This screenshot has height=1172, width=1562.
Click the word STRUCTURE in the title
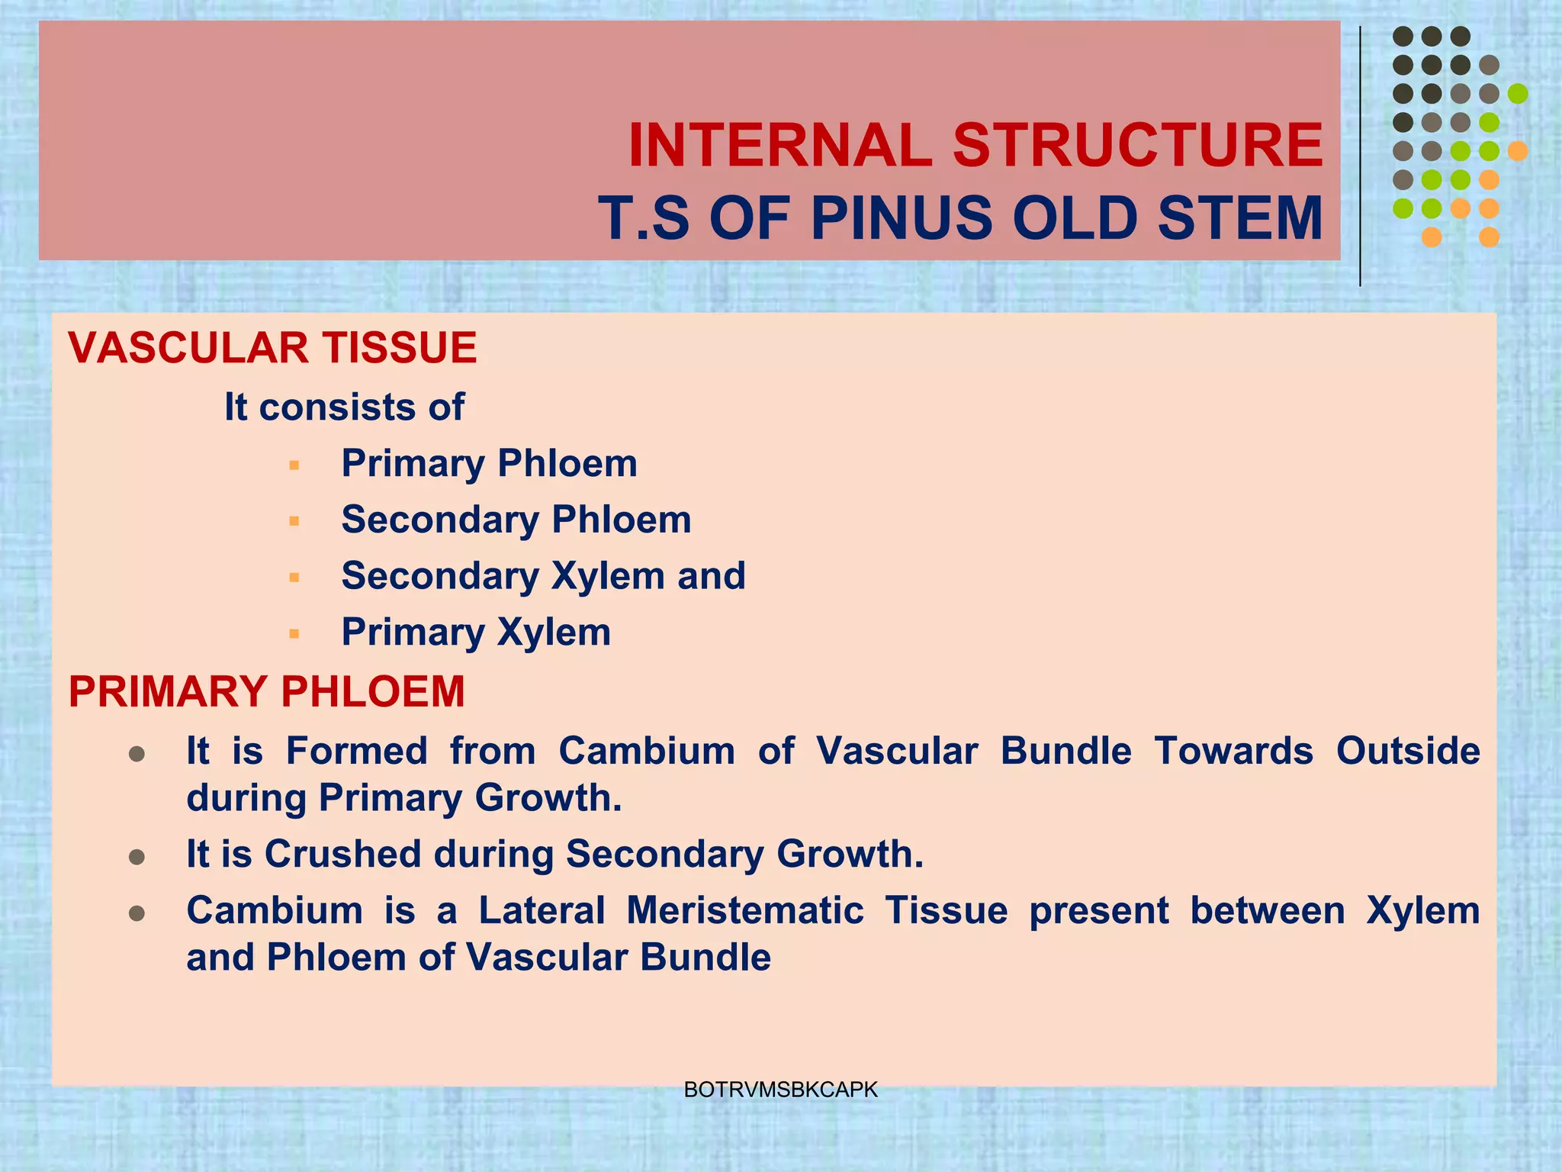(1137, 146)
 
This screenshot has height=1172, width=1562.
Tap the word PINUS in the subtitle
(902, 219)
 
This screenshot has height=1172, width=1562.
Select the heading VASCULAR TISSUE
(272, 348)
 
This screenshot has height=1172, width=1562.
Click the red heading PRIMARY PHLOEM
(266, 692)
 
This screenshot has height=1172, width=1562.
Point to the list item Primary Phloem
(489, 463)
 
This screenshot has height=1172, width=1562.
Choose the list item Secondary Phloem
(516, 520)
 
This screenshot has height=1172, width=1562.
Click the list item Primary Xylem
(476, 633)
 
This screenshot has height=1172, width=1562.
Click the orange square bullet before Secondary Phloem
(294, 522)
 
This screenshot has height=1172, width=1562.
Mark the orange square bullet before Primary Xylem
(294, 634)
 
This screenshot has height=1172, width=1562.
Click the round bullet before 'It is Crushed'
(137, 858)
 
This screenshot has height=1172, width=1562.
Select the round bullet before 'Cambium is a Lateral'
(137, 913)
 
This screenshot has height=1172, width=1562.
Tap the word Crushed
(342, 854)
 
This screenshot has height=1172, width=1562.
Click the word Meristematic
(745, 910)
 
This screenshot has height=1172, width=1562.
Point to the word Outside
(1408, 751)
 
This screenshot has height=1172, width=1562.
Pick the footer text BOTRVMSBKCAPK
(781, 1090)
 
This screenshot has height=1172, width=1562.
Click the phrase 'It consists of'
(344, 407)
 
